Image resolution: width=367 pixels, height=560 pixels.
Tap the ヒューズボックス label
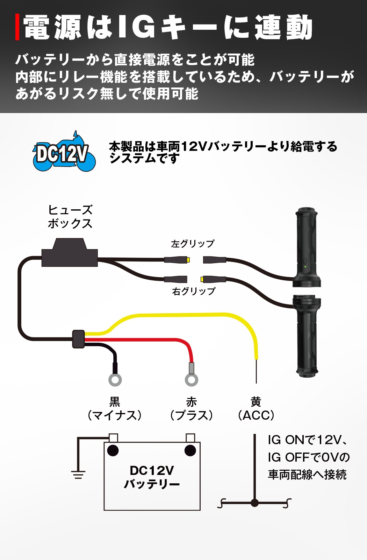[70, 217]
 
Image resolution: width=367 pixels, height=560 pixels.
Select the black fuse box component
[70, 252]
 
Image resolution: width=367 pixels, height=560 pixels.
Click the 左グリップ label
[193, 244]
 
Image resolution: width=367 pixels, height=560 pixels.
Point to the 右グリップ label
[194, 291]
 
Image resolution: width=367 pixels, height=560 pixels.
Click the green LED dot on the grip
[305, 267]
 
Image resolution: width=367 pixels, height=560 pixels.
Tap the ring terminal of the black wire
[115, 380]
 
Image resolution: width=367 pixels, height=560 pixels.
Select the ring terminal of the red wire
[192, 380]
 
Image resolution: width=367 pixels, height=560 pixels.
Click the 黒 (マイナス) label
[115, 408]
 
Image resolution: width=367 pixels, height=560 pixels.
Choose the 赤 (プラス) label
[192, 408]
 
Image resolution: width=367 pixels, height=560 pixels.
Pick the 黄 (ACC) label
[256, 408]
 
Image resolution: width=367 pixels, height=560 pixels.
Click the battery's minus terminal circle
[113, 450]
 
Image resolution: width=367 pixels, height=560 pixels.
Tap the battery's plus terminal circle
[190, 450]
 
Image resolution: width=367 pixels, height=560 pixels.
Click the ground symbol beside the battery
[78, 475]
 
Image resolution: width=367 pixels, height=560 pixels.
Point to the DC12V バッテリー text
[152, 477]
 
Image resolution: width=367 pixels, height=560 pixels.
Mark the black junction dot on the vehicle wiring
[255, 503]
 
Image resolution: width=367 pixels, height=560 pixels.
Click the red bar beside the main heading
[17, 27]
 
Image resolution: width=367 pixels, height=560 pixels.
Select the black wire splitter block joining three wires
[78, 339]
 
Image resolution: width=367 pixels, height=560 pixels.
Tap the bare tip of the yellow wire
[256, 371]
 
